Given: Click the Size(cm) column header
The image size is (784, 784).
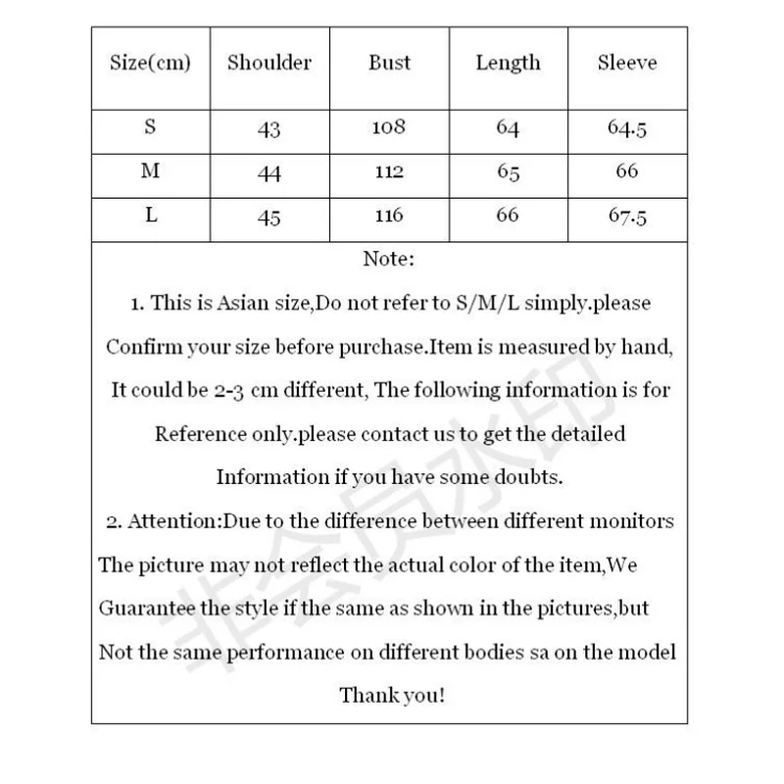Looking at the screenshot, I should coord(150,64).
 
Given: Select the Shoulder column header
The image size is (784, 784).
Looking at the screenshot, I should coord(269,64).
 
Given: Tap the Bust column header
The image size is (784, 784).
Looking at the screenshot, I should coord(389,64).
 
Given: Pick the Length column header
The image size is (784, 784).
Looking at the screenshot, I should coord(508,64).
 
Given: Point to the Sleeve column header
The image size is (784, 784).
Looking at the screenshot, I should coord(627,64).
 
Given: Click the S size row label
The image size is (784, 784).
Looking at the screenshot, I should coord(150,126).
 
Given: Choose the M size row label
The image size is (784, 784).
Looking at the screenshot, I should coord(150,171).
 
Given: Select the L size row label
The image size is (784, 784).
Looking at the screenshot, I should coord(150,216).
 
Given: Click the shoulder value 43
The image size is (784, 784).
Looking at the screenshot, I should coord(269,129).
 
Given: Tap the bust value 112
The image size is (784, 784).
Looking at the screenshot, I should coord(389,172).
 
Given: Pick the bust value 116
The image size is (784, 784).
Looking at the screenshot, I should coord(389,216).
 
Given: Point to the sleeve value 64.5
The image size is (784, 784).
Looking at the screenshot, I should coord(627,128).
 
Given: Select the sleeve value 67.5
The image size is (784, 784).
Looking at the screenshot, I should coord(627,217).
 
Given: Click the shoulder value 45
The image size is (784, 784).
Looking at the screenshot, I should coord(269,218).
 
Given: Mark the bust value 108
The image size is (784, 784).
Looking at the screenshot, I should coord(389,126).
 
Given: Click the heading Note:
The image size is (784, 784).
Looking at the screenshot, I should coord(389,260).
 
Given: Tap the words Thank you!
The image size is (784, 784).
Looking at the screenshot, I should coord(391,695).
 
